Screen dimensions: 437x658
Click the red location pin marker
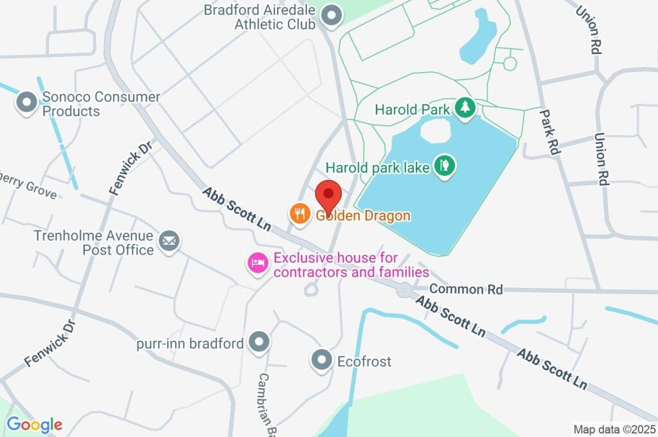pyautogui.click(x=330, y=195)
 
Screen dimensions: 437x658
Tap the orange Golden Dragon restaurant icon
pyautogui.click(x=299, y=214)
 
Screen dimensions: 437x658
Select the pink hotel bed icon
pyautogui.click(x=258, y=263)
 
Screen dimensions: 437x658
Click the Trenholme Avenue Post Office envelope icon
pyautogui.click(x=170, y=242)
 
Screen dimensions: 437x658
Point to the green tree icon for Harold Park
pyautogui.click(x=465, y=107)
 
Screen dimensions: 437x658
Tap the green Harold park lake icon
pyautogui.click(x=443, y=166)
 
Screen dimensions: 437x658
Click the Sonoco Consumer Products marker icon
pyautogui.click(x=27, y=102)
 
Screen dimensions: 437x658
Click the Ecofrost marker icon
pyautogui.click(x=321, y=361)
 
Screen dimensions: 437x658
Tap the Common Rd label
pyautogui.click(x=466, y=289)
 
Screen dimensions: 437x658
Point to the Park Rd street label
pyautogui.click(x=551, y=132)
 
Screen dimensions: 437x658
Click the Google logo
pyautogui.click(x=35, y=424)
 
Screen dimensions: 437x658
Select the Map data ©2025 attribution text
pyautogui.click(x=614, y=429)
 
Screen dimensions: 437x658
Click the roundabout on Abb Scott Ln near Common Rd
pyautogui.click(x=404, y=290)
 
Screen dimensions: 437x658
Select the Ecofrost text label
pyautogui.click(x=364, y=362)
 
